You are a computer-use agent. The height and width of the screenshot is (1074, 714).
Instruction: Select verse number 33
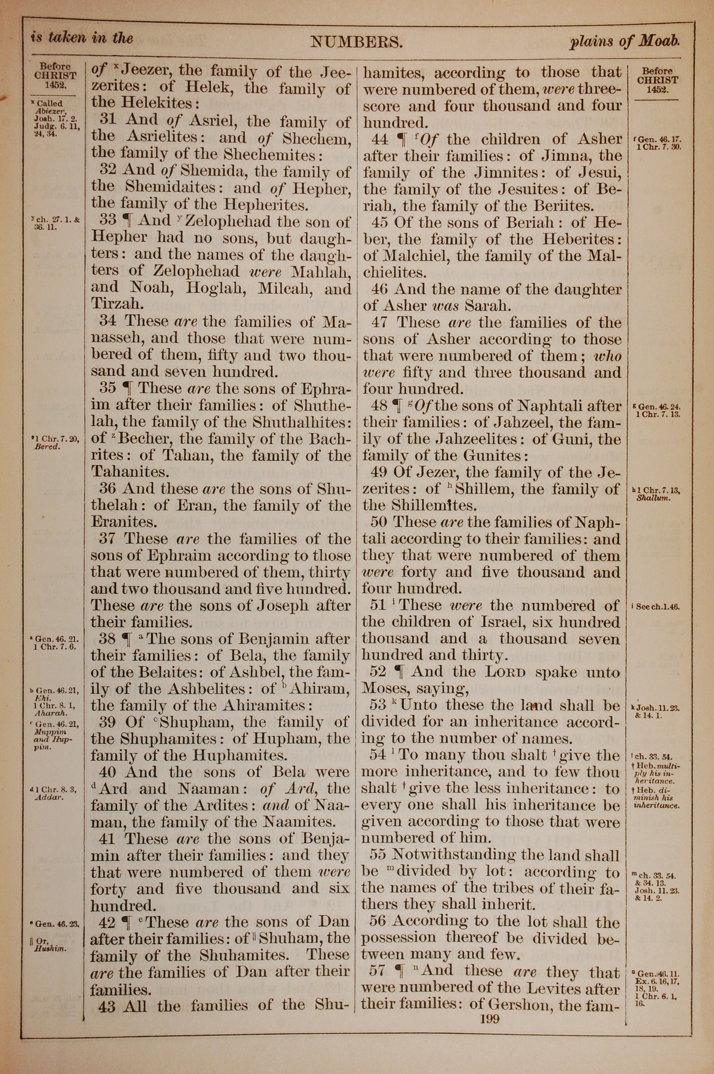pyautogui.click(x=108, y=220)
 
